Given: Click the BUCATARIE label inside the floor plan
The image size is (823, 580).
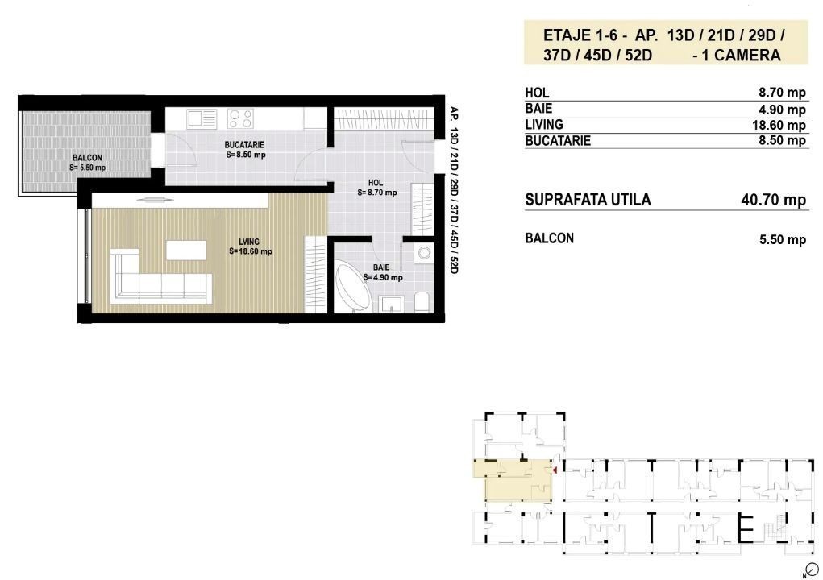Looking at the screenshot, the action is coord(244,145).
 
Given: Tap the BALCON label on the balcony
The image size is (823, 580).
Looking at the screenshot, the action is coord(87,157).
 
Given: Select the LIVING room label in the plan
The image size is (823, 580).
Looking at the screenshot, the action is coord(249,242).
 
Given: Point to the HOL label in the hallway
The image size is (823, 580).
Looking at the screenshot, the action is coord(376,183).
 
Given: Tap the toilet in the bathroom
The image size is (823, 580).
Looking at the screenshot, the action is coord(422,302).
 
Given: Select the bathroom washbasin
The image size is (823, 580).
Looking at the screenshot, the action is coord(391,304).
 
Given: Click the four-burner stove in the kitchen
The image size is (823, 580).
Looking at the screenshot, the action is coord(240,118).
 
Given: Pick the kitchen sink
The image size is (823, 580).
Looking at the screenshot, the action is coord(202,118).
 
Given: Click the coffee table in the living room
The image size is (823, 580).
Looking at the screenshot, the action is coord(186,251).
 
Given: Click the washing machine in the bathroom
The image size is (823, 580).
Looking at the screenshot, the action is coord(423,254).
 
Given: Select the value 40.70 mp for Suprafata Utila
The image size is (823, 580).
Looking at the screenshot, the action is coord(773,200).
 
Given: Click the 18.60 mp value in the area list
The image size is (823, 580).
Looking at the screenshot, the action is coord(779,125).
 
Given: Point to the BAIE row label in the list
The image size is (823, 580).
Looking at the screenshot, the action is coord(538,109).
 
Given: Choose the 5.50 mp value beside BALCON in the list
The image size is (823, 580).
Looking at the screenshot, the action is coord(783,240).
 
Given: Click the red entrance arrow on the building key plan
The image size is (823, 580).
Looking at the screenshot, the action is coord(555,471).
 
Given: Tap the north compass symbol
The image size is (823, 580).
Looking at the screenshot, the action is coord(812,570).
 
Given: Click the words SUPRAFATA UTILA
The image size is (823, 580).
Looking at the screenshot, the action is coord(588,200).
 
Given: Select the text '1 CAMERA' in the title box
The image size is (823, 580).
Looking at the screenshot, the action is coord(741,55).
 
